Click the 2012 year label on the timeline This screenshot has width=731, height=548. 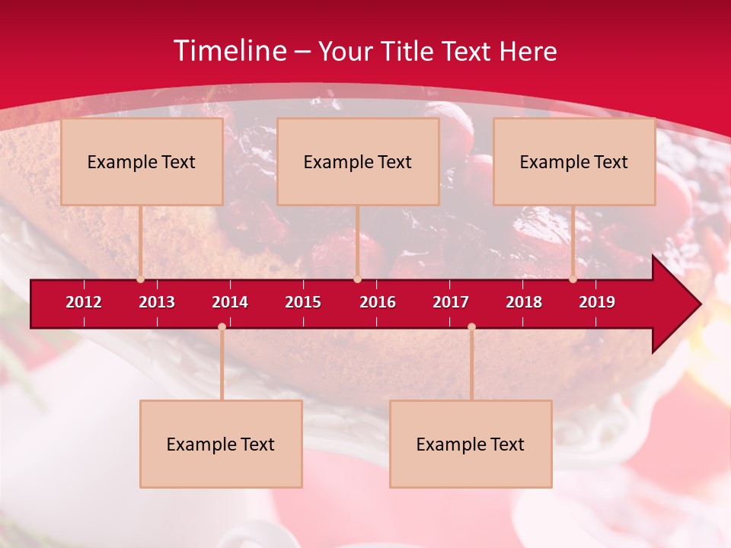84,302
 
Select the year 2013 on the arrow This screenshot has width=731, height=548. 157,302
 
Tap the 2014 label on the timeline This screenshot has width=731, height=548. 230,302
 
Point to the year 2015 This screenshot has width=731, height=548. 303,302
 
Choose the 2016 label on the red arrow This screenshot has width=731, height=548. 378,302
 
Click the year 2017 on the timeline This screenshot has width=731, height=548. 451,302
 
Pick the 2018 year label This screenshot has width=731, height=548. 524,302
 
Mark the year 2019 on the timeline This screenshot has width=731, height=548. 597,302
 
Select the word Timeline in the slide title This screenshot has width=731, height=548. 229,51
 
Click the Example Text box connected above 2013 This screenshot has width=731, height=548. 142,161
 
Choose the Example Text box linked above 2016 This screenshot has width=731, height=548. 358,161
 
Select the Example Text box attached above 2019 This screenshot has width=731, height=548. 574,161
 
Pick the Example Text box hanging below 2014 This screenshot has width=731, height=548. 221,444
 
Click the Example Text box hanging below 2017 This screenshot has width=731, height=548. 471,444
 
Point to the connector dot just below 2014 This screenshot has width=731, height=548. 222,327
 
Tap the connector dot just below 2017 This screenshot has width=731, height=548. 471,327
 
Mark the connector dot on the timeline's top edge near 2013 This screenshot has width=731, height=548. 140,279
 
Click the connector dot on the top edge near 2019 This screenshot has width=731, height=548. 573,279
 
